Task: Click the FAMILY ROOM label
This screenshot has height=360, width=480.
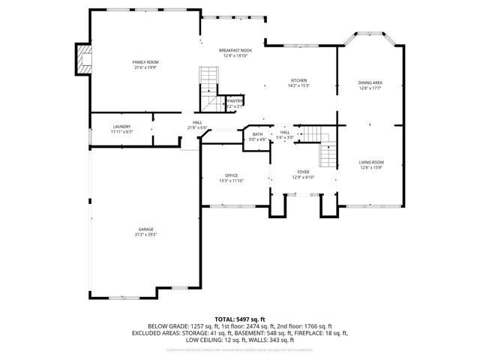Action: (x=145, y=61)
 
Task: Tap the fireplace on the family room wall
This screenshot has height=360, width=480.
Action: (x=82, y=60)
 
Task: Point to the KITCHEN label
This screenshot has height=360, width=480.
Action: (x=298, y=80)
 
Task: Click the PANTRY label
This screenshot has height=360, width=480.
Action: (x=235, y=100)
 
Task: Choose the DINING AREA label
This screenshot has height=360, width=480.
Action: (x=370, y=82)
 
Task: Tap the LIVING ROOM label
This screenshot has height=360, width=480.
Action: (x=370, y=162)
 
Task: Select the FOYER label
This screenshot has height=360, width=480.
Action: (x=302, y=172)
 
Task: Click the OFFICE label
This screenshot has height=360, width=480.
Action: (x=231, y=175)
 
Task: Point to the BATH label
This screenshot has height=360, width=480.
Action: (x=257, y=134)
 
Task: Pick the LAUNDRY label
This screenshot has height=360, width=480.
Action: (x=122, y=126)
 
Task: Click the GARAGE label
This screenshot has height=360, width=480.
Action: (x=145, y=229)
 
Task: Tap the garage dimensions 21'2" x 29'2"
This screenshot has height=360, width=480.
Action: (x=145, y=235)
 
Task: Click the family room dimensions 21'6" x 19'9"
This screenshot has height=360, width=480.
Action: (x=145, y=67)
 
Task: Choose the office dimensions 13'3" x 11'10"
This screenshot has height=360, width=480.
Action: (x=231, y=181)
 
